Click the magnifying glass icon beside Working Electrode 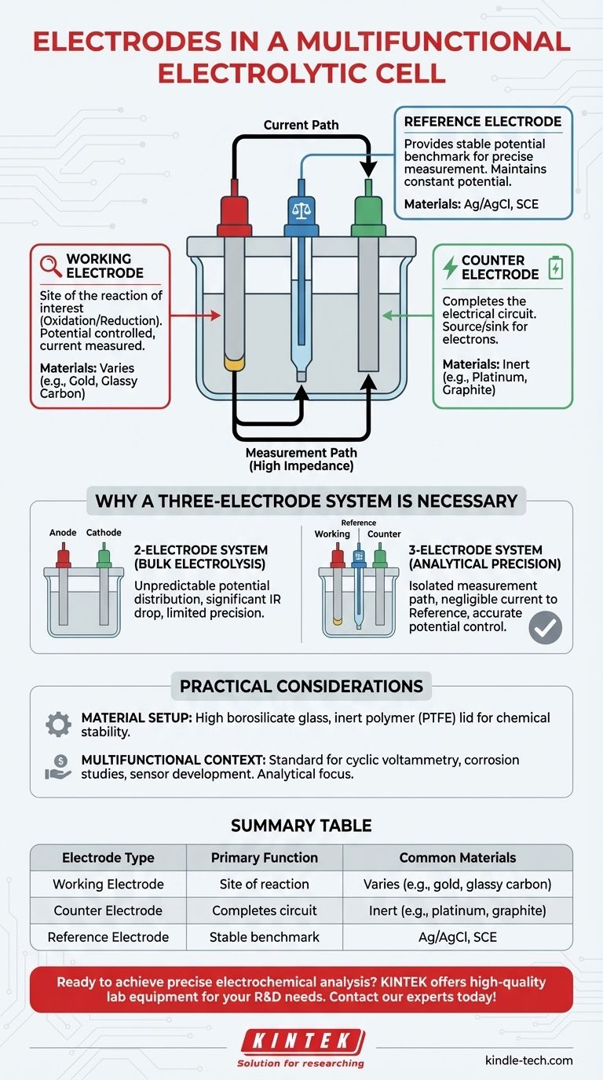click(51, 265)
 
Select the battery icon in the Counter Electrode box click(555, 267)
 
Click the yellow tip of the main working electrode click(233, 363)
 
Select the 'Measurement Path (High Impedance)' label click(301, 459)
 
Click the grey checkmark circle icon click(545, 627)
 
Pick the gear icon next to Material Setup click(58, 724)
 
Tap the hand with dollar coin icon click(58, 768)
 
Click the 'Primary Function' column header click(264, 858)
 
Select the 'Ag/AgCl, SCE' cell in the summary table click(457, 937)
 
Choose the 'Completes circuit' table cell click(264, 910)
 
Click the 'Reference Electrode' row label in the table click(108, 937)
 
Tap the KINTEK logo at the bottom click(301, 1042)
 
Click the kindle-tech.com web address click(528, 1060)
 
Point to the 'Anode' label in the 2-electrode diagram click(63, 532)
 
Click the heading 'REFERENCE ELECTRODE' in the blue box click(482, 122)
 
